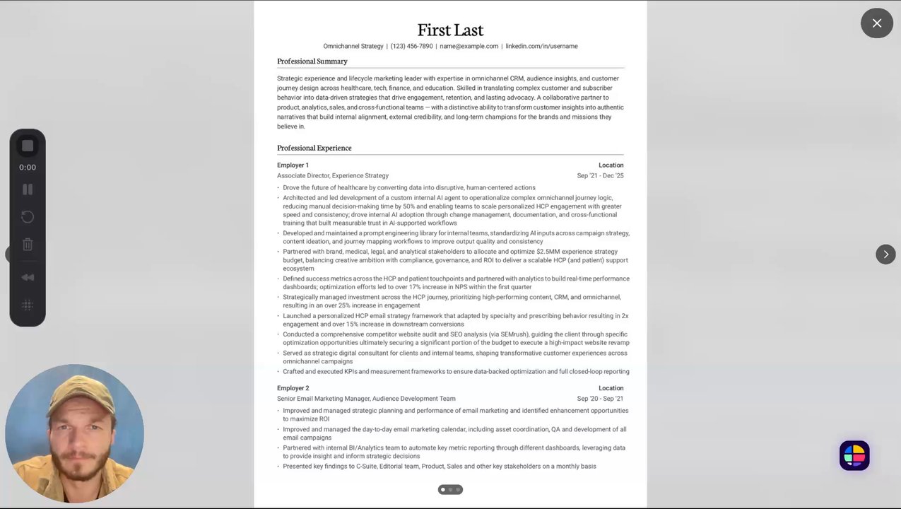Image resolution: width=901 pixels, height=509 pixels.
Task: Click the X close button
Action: pyautogui.click(x=877, y=23)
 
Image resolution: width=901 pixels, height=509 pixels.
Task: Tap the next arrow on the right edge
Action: pyautogui.click(x=885, y=255)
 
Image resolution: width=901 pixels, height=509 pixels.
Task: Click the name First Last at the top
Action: pyautogui.click(x=450, y=30)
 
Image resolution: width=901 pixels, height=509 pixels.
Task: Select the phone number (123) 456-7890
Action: pyautogui.click(x=411, y=47)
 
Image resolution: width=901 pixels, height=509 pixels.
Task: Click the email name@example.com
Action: pyautogui.click(x=469, y=47)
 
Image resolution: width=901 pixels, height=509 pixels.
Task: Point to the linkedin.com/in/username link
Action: pyautogui.click(x=541, y=47)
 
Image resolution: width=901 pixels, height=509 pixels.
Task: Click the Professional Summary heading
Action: pyautogui.click(x=312, y=62)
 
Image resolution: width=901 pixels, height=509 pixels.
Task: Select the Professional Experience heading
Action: pyautogui.click(x=314, y=148)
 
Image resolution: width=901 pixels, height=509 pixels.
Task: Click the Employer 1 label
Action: pyautogui.click(x=293, y=165)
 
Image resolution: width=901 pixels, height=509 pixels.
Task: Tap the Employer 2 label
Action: pyautogui.click(x=293, y=388)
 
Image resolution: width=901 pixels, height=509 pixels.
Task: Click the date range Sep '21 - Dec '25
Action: pyautogui.click(x=600, y=176)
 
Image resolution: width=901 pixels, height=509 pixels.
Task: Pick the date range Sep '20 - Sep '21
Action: pyautogui.click(x=600, y=399)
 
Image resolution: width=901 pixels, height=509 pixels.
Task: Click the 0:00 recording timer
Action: pyautogui.click(x=28, y=168)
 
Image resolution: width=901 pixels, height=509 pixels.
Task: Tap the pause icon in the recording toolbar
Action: pyautogui.click(x=28, y=189)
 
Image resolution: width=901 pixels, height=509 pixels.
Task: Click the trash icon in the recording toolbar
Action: pyautogui.click(x=28, y=245)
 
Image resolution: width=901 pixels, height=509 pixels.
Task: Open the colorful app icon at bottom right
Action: pyautogui.click(x=854, y=456)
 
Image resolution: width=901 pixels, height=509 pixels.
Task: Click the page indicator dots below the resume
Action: pyautogui.click(x=450, y=489)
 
